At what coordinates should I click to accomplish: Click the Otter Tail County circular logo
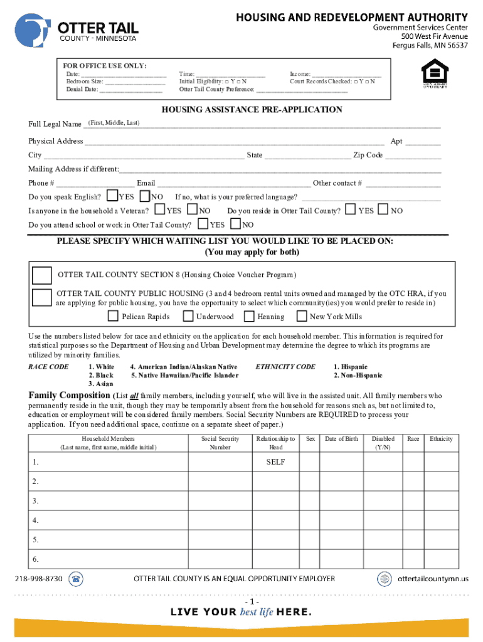[33, 30]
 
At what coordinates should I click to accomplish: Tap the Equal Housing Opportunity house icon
[435, 71]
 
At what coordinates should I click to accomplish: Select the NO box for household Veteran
[193, 209]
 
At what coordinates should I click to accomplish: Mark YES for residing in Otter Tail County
[351, 209]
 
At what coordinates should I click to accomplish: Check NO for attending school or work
[236, 223]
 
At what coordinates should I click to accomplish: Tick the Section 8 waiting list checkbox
[43, 275]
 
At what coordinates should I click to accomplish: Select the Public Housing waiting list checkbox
[43, 298]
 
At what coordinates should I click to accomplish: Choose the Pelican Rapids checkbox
[114, 316]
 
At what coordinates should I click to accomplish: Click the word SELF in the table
[275, 462]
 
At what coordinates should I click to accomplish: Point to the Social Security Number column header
[220, 443]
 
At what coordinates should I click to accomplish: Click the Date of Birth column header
[341, 439]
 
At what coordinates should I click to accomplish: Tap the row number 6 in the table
[36, 559]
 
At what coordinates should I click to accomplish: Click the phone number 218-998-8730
[39, 579]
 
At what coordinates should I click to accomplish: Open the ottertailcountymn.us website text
[433, 579]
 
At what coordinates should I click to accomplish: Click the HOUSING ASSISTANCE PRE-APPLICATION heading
[252, 110]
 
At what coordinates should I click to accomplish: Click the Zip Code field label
[368, 155]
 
